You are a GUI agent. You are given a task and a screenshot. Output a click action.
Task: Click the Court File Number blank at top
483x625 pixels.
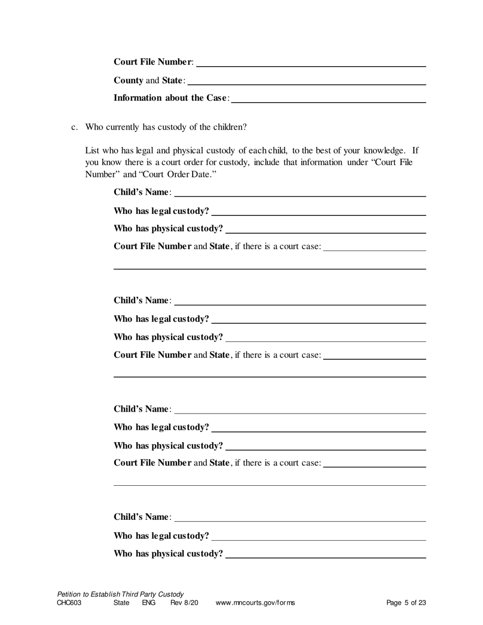[x=311, y=62]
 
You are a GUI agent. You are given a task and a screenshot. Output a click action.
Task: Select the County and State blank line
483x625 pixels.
[x=307, y=80]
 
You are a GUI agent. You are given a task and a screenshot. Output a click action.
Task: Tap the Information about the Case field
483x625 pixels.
[x=328, y=98]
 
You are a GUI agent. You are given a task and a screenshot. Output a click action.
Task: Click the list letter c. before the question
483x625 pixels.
[x=74, y=127]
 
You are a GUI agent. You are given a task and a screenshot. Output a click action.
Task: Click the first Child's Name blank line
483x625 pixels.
[x=300, y=192]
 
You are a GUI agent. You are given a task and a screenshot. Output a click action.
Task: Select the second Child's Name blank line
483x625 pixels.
[x=300, y=300]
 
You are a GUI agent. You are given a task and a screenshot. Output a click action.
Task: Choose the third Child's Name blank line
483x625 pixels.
[x=300, y=409]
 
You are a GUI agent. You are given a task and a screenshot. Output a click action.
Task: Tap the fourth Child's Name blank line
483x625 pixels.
[x=300, y=517]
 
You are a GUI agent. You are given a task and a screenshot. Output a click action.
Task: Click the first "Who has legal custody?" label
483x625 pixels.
[x=161, y=211]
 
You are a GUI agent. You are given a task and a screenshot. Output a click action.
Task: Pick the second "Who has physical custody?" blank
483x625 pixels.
[x=325, y=337]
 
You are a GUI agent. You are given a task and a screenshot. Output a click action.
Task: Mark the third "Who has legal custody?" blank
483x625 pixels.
[x=319, y=427]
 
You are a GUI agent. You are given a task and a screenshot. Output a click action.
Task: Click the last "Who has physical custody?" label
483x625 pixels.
[x=168, y=553]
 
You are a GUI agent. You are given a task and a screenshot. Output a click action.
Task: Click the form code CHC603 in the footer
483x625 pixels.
[x=69, y=603]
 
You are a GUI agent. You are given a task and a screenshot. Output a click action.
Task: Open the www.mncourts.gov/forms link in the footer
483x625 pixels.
[x=255, y=603]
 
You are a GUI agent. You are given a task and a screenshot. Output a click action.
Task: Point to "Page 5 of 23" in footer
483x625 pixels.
[x=406, y=603]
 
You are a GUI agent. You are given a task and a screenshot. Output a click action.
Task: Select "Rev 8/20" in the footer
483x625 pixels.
[x=184, y=603]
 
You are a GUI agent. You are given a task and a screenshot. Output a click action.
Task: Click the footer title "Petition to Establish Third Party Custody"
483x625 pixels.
[x=120, y=594]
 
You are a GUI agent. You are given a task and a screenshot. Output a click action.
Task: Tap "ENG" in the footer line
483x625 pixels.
[x=148, y=603]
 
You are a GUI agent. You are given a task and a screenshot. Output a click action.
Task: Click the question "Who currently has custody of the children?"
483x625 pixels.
[x=166, y=127]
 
